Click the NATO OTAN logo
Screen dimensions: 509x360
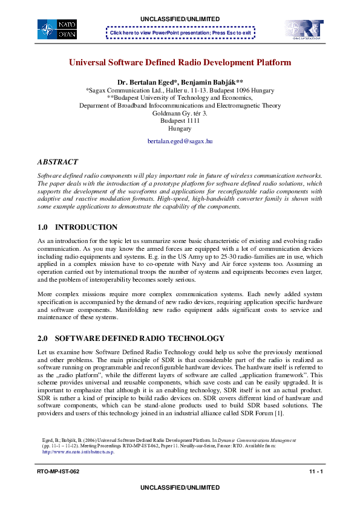[57, 29]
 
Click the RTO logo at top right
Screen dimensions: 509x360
[304, 29]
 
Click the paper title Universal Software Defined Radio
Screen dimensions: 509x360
[180, 62]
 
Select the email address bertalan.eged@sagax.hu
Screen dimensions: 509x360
[180, 141]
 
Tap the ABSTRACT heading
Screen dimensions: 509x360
[57, 162]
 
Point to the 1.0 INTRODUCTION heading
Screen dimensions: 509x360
[77, 227]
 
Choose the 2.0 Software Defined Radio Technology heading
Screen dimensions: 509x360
[131, 338]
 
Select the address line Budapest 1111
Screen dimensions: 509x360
[180, 120]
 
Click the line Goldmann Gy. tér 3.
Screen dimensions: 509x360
[180, 112]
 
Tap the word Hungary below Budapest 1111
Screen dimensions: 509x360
[180, 128]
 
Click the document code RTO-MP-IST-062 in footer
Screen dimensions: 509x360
[58, 471]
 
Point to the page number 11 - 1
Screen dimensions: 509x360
[315, 471]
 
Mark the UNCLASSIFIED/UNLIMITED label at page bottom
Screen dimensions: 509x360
[180, 487]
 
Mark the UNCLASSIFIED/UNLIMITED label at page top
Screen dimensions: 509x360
[180, 19]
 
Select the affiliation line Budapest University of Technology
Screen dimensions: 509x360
[180, 97]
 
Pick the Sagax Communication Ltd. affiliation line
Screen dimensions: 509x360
[180, 89]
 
